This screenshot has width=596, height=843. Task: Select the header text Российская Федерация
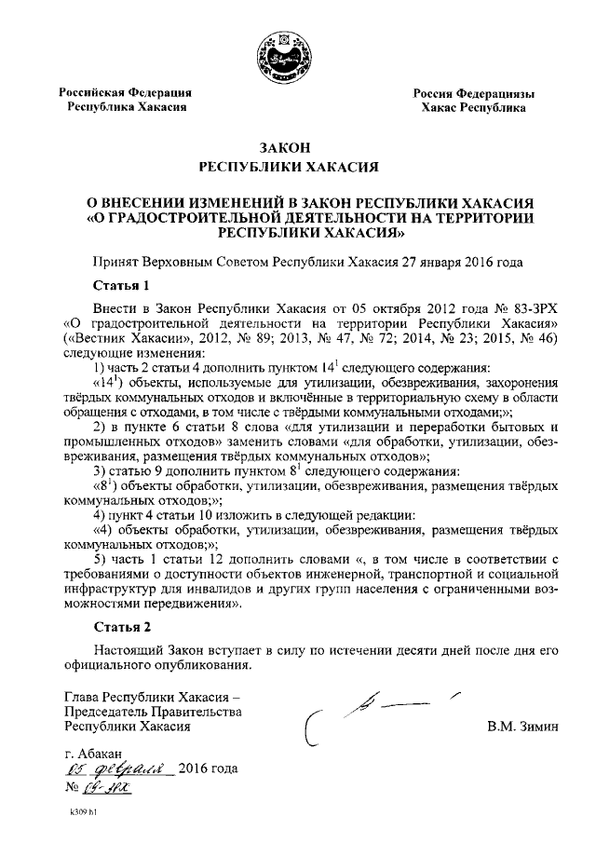(127, 92)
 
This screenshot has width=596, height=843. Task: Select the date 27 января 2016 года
(451, 262)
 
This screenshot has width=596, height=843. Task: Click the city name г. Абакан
(92, 752)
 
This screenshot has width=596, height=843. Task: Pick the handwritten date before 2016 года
(116, 769)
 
